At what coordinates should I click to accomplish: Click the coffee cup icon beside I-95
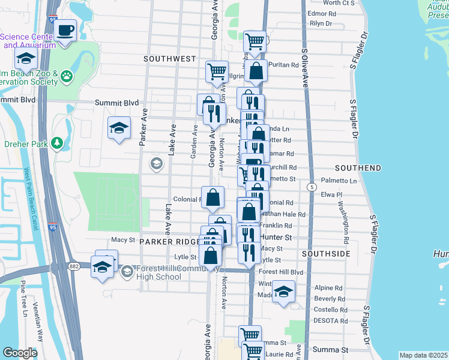click(x=65, y=30)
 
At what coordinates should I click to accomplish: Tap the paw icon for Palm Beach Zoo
click(x=66, y=77)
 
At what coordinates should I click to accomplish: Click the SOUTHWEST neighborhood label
click(x=170, y=59)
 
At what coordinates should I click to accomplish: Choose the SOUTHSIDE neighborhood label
click(x=326, y=254)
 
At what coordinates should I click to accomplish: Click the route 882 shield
click(x=74, y=266)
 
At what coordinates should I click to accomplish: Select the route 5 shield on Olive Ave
click(x=312, y=188)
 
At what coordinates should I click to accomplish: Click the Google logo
click(x=20, y=353)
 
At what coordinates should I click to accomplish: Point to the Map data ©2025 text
click(x=423, y=355)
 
